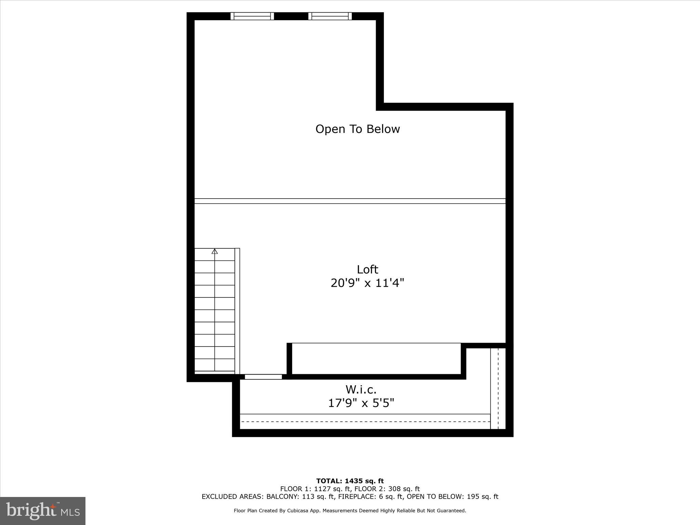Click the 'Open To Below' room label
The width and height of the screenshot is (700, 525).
358,129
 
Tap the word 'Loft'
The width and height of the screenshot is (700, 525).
367,269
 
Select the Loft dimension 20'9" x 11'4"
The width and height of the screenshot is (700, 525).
367,283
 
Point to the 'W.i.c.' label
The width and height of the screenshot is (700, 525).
361,389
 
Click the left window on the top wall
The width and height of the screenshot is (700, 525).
252,16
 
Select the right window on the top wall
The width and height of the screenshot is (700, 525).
330,16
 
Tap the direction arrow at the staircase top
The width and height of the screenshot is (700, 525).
215,252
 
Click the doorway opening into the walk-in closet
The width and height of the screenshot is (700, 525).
263,377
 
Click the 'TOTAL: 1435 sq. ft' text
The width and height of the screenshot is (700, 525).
350,481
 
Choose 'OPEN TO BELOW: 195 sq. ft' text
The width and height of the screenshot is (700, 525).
452,497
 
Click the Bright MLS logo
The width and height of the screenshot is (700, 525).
43,511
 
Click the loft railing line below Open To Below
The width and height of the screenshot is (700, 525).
350,201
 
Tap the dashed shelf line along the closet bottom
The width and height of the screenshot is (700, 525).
365,421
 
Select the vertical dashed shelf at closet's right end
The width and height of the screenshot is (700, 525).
498,388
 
